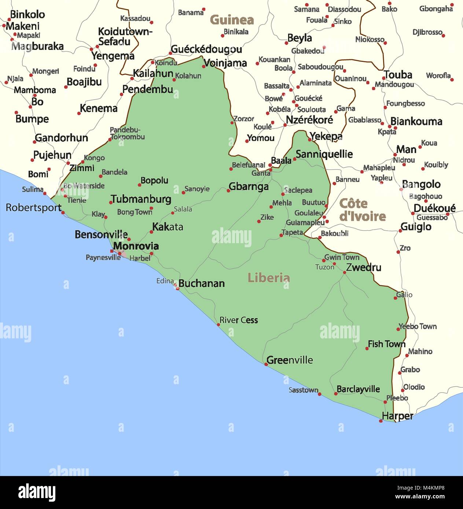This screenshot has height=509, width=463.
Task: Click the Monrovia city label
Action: pos(136,246)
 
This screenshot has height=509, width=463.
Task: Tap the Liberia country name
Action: pos(268,278)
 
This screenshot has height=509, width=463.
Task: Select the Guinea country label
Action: pos(232,20)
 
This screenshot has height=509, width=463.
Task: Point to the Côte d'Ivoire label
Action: pos(362,210)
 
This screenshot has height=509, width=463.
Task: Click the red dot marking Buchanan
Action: pos(178,289)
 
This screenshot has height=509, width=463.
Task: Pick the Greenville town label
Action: pos(290,360)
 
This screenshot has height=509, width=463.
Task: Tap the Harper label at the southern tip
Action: pos(397,416)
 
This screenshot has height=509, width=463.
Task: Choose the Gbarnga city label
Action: pos(249,186)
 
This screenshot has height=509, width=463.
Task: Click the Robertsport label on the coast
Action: pos(33,208)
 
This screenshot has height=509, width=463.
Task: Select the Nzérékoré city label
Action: pos(309,120)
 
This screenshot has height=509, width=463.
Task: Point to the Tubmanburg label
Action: pos(141,199)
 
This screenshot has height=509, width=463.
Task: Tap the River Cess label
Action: pos(239,320)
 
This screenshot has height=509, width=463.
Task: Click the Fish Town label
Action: pos(386,344)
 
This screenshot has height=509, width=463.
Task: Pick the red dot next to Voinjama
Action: pos(204,67)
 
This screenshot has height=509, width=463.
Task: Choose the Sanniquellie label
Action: pos(324,154)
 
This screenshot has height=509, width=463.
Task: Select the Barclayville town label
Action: pos(358,389)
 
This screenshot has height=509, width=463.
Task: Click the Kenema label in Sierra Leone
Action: pos(99,108)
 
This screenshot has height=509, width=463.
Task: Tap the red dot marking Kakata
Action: pos(151,232)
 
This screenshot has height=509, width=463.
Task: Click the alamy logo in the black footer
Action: pos(37,493)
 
